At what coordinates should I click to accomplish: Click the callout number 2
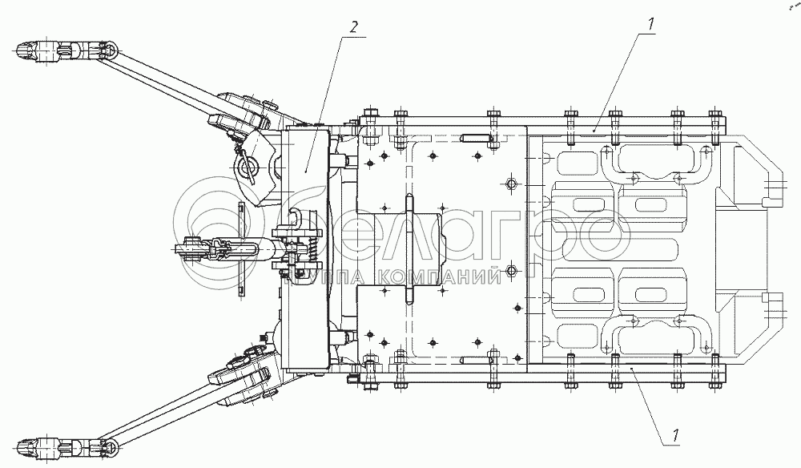[x=354, y=27]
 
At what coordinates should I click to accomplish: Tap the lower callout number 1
[x=675, y=436]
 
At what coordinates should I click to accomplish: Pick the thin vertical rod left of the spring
[x=241, y=249]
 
